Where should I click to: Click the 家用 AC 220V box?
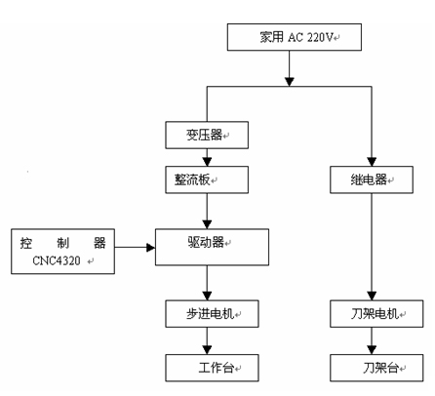coord(295,37)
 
